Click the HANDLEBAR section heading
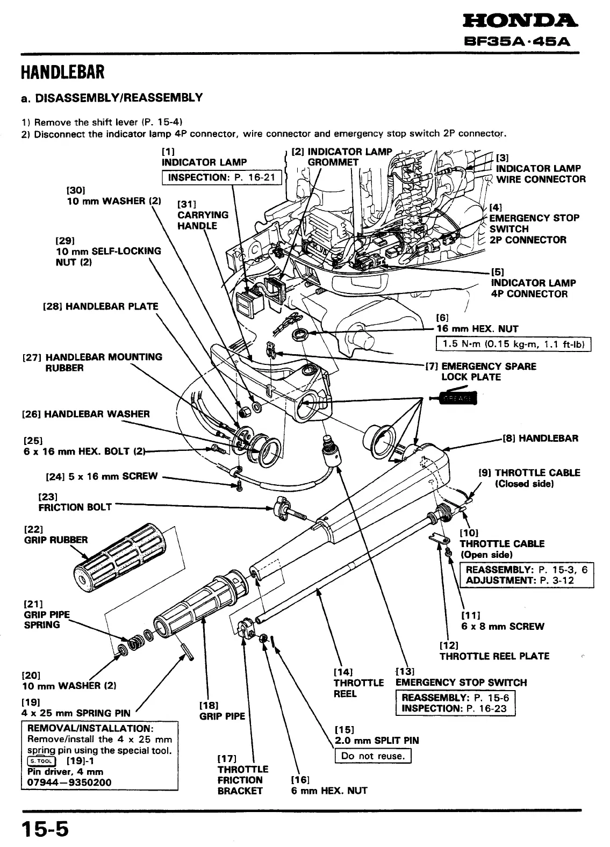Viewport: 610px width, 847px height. tap(62, 71)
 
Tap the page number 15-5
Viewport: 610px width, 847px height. tap(46, 829)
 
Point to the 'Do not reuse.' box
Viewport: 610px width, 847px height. tap(372, 756)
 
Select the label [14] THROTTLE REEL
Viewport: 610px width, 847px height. tap(358, 683)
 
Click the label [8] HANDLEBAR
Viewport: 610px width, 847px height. tap(541, 438)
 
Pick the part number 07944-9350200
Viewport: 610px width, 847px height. tap(69, 782)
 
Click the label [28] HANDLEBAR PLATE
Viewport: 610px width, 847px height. tap(101, 306)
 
